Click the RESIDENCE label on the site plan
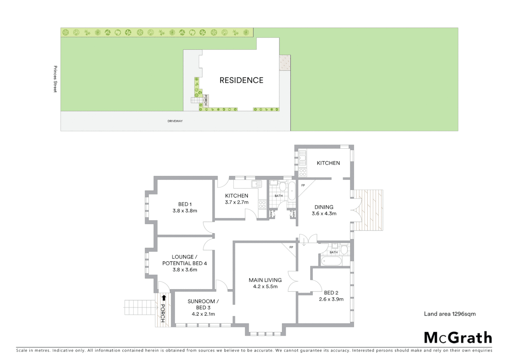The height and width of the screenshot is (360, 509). [241, 80]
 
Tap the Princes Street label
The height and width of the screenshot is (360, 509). [55, 79]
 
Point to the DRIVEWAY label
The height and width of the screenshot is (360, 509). [175, 121]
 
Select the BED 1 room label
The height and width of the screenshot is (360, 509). [185, 204]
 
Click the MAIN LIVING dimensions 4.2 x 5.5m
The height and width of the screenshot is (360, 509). [265, 287]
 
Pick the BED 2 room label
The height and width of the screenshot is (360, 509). [331, 293]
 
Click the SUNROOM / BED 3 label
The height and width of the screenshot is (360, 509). [203, 304]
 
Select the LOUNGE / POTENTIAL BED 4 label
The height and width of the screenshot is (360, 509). [185, 260]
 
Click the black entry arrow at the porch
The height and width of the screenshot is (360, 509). [164, 297]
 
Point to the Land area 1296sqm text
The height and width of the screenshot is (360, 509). [450, 314]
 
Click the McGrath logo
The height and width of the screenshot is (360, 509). [458, 338]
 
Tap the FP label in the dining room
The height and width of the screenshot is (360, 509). [303, 185]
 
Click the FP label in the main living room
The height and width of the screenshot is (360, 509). [291, 247]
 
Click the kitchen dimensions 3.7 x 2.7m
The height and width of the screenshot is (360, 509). [237, 202]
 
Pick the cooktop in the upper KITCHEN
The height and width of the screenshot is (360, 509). [303, 172]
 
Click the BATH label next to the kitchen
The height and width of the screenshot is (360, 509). [278, 196]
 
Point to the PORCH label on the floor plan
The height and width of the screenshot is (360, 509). [163, 313]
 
